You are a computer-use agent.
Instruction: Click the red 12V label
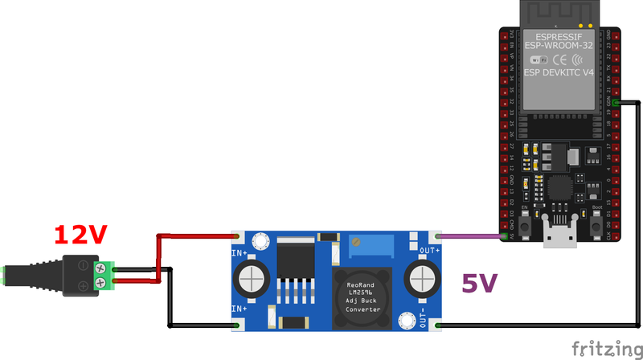[x=80, y=235]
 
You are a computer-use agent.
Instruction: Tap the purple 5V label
[x=479, y=283]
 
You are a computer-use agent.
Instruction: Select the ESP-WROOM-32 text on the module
[x=559, y=47]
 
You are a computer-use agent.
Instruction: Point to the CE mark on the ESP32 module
[x=561, y=59]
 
